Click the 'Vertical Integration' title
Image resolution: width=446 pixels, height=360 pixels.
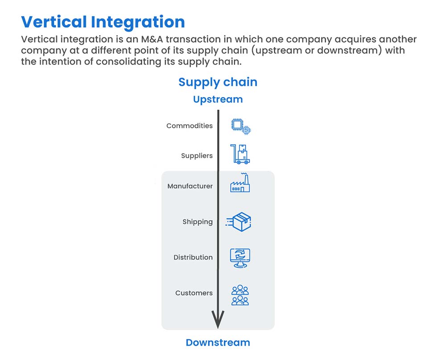coord(103,22)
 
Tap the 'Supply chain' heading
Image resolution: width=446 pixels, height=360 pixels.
coord(218,82)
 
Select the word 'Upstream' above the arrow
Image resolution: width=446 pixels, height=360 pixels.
coord(218,99)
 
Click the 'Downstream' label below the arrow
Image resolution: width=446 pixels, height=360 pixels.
coord(218,342)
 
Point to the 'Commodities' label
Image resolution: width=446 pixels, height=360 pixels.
coord(190,126)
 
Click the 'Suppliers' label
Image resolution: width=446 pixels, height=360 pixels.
coord(197,155)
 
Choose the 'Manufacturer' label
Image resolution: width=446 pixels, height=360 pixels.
coord(190,186)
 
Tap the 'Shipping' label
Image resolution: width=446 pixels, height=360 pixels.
coord(198,222)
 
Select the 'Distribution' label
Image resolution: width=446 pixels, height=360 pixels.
coord(193,257)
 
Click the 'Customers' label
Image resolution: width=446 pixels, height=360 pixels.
coord(194,293)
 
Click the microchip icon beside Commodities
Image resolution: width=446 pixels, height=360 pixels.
coord(241,127)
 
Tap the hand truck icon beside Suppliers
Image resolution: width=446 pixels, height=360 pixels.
coord(240,154)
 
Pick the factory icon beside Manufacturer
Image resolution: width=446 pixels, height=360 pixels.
coord(240,183)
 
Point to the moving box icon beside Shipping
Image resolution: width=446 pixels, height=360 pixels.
coord(239,221)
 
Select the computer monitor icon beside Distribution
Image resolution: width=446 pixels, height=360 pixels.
coord(240,258)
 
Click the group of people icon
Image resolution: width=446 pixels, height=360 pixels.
coord(240,295)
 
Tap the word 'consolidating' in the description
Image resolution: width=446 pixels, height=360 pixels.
coord(128,61)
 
